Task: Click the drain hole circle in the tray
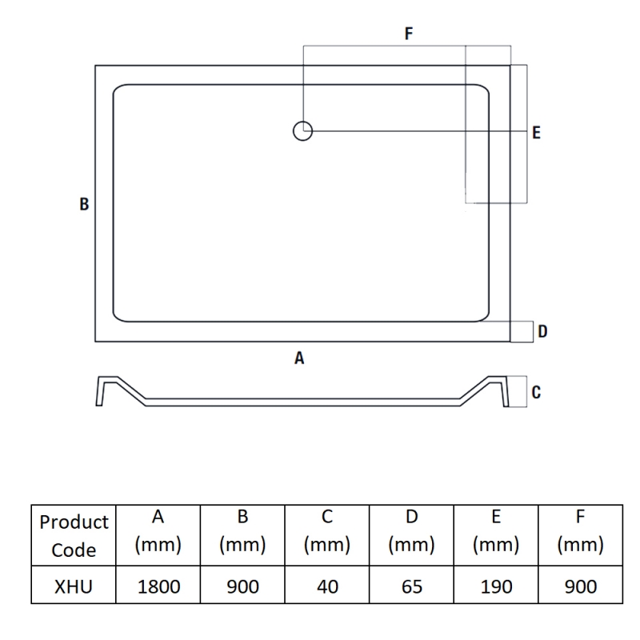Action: [302, 130]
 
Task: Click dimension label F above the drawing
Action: [409, 34]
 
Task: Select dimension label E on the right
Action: [536, 133]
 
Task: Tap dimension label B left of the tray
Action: [84, 205]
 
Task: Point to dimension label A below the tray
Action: [299, 359]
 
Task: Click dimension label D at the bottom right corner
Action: [542, 331]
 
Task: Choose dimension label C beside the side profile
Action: [536, 392]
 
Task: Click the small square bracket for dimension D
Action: [522, 331]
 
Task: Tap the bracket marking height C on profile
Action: [518, 392]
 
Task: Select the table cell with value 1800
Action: [158, 586]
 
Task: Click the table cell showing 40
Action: [327, 586]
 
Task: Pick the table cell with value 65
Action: [411, 586]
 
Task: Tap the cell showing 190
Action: [496, 586]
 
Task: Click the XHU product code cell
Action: [74, 586]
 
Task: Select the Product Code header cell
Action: [74, 536]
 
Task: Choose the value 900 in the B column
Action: [243, 586]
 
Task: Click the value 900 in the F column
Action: [580, 586]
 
